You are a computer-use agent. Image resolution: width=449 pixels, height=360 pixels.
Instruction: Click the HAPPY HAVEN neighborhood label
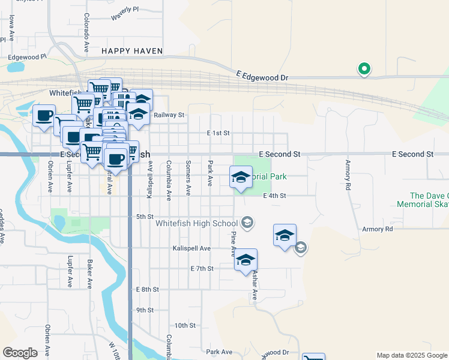pos(132,51)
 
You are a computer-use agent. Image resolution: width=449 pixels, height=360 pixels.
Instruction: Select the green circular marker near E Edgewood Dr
pos(364,69)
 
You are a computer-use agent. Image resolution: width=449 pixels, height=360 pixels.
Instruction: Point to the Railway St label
pos(169,115)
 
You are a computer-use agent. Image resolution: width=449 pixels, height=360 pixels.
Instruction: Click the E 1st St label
pos(218,133)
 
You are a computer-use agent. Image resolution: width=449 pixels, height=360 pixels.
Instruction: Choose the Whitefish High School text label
pos(197,224)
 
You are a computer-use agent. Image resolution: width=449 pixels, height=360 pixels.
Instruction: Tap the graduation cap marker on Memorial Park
pos(240,178)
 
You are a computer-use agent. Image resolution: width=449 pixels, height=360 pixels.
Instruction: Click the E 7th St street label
pos(202,268)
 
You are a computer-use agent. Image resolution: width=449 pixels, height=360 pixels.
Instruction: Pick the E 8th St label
pos(147,289)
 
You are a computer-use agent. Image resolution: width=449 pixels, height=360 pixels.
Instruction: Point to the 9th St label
pos(145,310)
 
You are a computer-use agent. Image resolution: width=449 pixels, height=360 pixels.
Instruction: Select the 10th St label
pos(185,325)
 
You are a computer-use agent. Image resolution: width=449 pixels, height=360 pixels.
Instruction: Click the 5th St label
pos(145,216)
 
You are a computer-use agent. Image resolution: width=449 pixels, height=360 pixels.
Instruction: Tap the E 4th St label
pos(274,196)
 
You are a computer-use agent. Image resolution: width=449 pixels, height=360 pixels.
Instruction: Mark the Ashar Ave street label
pos(255,285)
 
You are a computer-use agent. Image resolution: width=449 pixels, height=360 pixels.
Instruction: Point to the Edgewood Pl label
pos(26,58)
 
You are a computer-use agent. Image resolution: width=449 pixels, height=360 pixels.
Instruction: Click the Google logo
pos(20,352)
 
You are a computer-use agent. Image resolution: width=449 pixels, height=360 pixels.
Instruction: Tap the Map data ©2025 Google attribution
pos(411,355)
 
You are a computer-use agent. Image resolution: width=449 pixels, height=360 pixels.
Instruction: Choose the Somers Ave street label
pos(188,178)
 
